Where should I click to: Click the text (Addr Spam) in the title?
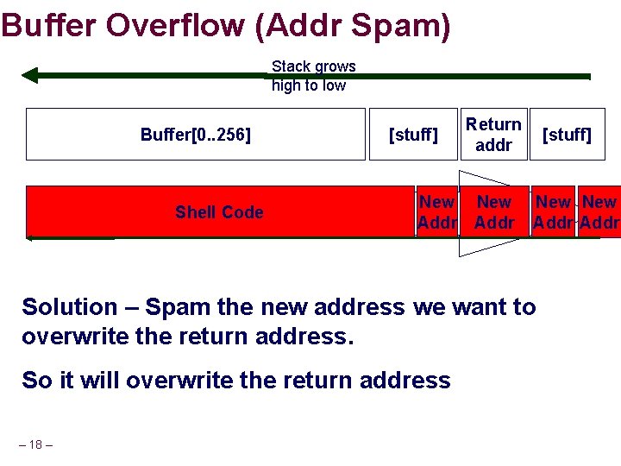353,26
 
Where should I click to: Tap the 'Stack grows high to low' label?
312,76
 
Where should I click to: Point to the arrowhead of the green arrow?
29,75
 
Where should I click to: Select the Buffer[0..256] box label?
196,135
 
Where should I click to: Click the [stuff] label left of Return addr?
413,135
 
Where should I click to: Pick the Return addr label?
493,135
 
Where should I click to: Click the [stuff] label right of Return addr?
566,135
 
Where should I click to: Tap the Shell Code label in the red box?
219,212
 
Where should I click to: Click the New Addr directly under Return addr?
494,212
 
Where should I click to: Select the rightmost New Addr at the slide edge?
600,212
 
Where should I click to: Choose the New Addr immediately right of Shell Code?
436,212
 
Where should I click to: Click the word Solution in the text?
69,307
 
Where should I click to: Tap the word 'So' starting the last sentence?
35,381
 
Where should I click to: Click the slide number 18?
35,444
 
